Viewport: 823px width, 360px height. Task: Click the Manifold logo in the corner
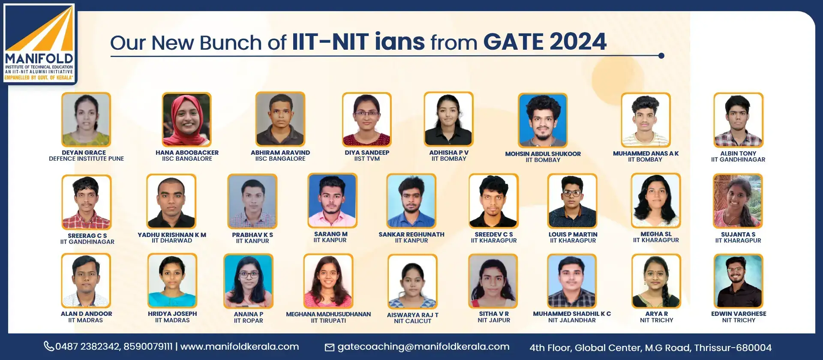tap(39, 43)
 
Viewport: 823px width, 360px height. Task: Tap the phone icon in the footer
tap(49, 346)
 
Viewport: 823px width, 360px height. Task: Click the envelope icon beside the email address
tap(330, 347)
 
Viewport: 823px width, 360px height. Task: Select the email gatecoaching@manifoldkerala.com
tap(424, 347)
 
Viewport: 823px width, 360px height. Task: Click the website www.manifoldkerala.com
tap(240, 346)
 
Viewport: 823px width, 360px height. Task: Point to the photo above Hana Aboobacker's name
tap(186, 120)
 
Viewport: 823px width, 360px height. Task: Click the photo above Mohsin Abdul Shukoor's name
tap(543, 120)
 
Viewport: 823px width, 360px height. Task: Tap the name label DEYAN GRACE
tap(84, 153)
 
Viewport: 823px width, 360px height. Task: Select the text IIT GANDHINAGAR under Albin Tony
tap(738, 159)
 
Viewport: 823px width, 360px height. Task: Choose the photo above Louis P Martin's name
tap(573, 201)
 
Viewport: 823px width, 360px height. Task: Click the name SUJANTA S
tap(738, 234)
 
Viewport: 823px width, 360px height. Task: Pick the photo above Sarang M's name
tap(332, 201)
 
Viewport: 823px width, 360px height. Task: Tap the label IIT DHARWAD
tap(172, 240)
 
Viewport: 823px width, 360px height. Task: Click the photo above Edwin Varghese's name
tap(738, 281)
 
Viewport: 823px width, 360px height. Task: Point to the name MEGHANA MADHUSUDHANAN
tap(328, 314)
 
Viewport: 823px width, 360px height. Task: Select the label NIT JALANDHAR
tap(572, 320)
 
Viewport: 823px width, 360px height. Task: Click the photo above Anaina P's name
tap(248, 281)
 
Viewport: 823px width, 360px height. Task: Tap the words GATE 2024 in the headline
tap(545, 42)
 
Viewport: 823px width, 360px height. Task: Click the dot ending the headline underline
tap(661, 56)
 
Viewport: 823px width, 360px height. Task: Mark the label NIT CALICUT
tap(412, 321)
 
